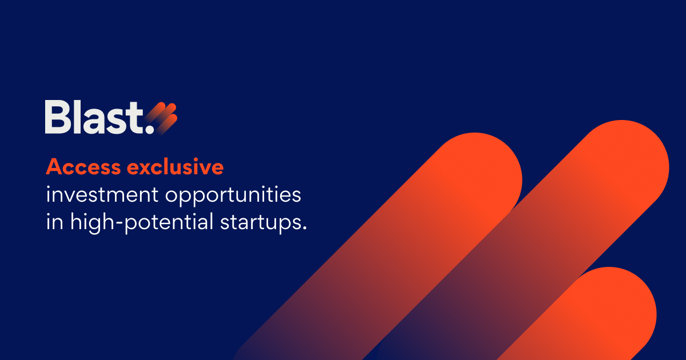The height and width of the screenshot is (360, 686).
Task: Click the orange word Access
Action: point(83,167)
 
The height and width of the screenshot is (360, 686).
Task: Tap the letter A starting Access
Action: point(53,167)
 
